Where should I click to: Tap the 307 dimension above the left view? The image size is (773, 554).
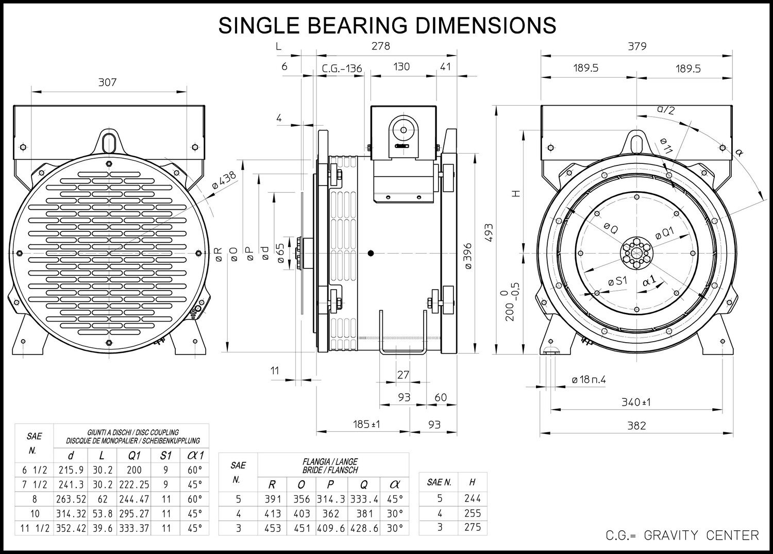click(x=107, y=82)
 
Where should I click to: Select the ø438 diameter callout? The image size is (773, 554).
click(x=224, y=180)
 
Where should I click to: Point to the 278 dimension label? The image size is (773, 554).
click(x=381, y=46)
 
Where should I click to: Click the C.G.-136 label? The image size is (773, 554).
click(x=342, y=69)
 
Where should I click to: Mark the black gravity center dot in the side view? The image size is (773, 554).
click(x=371, y=254)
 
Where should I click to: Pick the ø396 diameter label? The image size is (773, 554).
click(x=467, y=256)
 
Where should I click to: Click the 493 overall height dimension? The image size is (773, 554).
click(x=489, y=233)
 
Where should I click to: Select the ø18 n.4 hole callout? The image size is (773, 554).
click(x=589, y=380)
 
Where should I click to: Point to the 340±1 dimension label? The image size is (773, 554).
click(x=636, y=402)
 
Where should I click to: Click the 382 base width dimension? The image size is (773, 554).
click(x=636, y=426)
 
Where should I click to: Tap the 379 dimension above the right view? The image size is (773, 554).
click(x=637, y=46)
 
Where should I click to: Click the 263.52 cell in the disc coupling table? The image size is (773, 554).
click(x=71, y=499)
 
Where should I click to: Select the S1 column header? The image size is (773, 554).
click(x=165, y=456)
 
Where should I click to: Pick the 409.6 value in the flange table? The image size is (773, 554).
click(x=331, y=528)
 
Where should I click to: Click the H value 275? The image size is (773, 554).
click(x=473, y=527)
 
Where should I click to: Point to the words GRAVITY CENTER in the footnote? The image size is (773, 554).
click(x=701, y=535)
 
